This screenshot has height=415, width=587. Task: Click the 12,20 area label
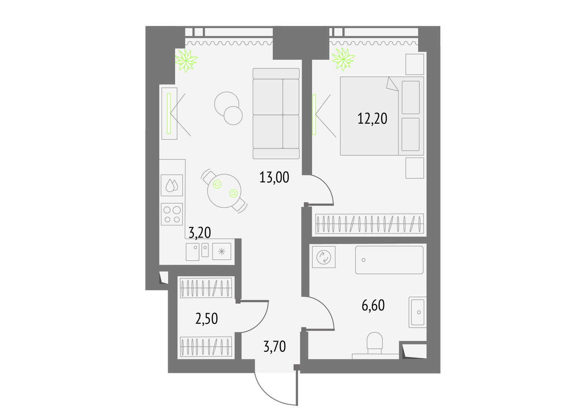(x=372, y=119)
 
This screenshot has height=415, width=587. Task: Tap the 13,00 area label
(x=274, y=177)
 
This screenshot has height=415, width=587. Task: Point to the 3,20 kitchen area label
(x=200, y=233)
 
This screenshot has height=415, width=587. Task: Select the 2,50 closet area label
(x=207, y=318)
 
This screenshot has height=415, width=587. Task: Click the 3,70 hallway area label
(x=275, y=347)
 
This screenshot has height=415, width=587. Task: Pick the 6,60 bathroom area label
(x=373, y=305)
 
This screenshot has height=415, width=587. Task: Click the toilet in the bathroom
(x=375, y=343)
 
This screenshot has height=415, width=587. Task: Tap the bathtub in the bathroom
(x=389, y=260)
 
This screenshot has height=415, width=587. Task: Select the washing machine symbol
(x=324, y=257)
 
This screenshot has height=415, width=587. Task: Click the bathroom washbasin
(x=418, y=312)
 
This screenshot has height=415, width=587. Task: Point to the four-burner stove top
(x=172, y=214)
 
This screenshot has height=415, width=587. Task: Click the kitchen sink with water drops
(x=172, y=185)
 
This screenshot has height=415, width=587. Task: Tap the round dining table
(x=224, y=191)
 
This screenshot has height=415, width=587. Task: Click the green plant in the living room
(x=186, y=60)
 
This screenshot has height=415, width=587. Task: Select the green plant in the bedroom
(x=343, y=59)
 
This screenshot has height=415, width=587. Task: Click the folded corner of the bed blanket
(x=392, y=84)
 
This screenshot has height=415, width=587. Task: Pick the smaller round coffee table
(x=233, y=115)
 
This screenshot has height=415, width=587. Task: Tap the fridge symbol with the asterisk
(x=222, y=251)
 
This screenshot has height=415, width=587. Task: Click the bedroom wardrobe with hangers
(x=369, y=224)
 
